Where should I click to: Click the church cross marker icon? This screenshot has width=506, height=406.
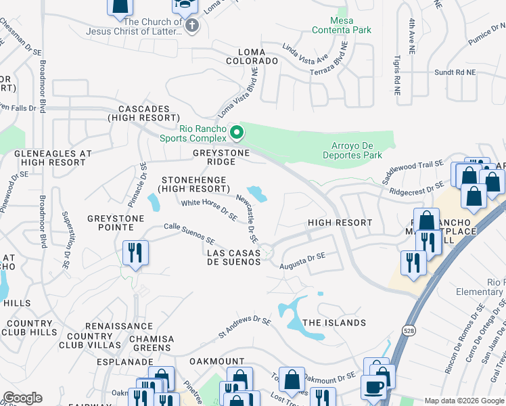pos(192,26)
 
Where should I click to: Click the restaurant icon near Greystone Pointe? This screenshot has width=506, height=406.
pos(135,253)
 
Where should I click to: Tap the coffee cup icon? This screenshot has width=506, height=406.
pos(373,388)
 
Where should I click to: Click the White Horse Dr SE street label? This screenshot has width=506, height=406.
pos(208,208)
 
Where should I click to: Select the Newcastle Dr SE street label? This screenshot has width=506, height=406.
pos(247,218)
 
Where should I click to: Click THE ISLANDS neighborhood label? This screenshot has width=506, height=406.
pos(334,323)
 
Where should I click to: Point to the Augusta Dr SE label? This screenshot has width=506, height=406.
pos(303,259)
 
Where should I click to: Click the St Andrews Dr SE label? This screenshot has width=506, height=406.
pos(244,326)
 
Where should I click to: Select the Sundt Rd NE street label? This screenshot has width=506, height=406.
pos(455,72)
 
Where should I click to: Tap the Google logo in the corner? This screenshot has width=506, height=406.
pos(22,398)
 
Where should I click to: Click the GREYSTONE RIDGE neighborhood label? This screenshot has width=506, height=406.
pos(222,157)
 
